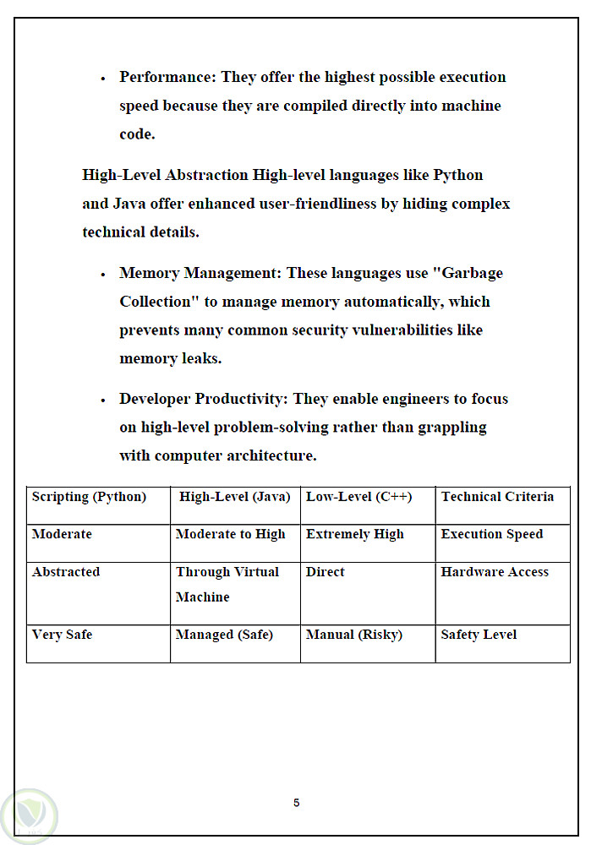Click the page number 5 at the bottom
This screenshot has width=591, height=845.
point(296,803)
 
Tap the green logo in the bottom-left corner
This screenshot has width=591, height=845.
point(28,817)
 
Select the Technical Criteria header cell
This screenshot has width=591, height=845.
point(497,497)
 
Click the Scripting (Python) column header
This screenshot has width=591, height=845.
point(89,497)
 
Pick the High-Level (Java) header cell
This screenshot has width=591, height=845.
point(234,497)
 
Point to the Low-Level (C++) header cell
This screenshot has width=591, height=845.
point(358,497)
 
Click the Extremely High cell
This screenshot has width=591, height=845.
point(354,535)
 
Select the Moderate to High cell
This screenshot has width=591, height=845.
point(230,535)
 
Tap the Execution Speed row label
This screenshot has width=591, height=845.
point(491,535)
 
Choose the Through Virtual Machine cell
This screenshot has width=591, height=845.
point(227,584)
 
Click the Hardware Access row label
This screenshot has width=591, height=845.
point(495,572)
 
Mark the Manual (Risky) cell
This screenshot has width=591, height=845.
point(353,635)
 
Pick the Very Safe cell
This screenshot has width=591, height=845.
point(62,635)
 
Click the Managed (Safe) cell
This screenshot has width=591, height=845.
point(224,635)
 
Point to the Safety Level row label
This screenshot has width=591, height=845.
point(479,635)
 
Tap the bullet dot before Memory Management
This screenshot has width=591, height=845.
point(102,275)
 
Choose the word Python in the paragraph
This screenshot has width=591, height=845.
point(457,176)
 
